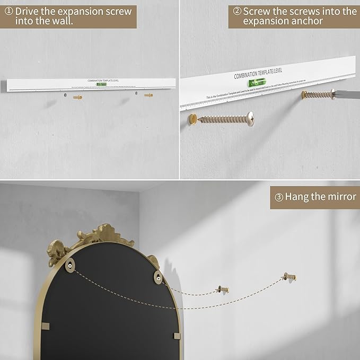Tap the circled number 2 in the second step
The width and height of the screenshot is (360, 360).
[x=238, y=11]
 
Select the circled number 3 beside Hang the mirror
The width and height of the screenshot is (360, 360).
[x=279, y=197]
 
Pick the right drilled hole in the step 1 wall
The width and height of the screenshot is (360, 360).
[x=137, y=94]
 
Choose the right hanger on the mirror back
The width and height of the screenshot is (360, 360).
[x=157, y=275]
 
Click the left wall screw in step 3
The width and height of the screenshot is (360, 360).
[x=223, y=289]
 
